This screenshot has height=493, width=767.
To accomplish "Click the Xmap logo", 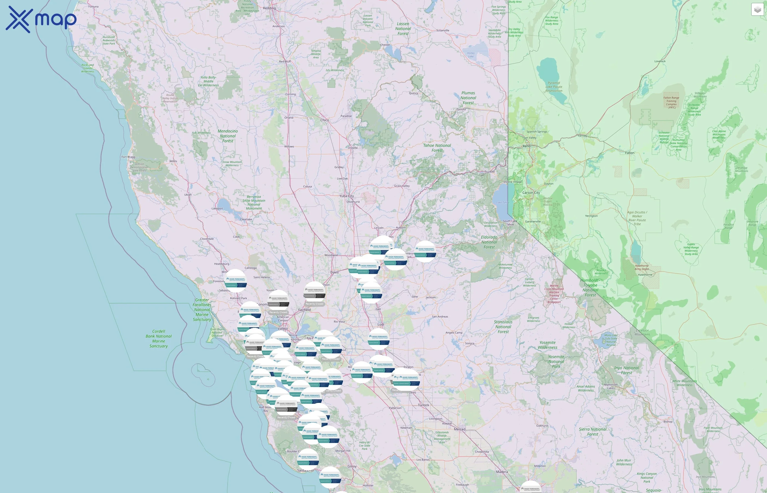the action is [x=41, y=19].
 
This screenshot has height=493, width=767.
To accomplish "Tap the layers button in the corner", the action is [x=757, y=10].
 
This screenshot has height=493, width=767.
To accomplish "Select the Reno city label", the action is [x=526, y=146].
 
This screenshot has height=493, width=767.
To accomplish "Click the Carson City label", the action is [x=531, y=193].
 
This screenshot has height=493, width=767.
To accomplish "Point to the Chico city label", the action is [x=324, y=120].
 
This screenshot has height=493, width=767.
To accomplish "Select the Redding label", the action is [x=269, y=8].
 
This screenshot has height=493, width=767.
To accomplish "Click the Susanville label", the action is [x=442, y=30].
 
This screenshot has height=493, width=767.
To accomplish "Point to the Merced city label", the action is [x=459, y=429].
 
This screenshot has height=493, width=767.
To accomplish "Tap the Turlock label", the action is [x=423, y=405].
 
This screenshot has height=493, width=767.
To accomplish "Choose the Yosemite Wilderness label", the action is [x=547, y=345].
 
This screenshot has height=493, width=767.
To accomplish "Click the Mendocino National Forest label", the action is [x=228, y=136].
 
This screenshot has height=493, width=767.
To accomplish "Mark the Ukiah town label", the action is [x=188, y=195].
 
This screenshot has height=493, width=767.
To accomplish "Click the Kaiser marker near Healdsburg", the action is [x=236, y=281].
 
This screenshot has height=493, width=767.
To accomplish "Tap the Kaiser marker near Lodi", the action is [x=379, y=339].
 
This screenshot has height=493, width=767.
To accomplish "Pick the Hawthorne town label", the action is [x=645, y=275].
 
